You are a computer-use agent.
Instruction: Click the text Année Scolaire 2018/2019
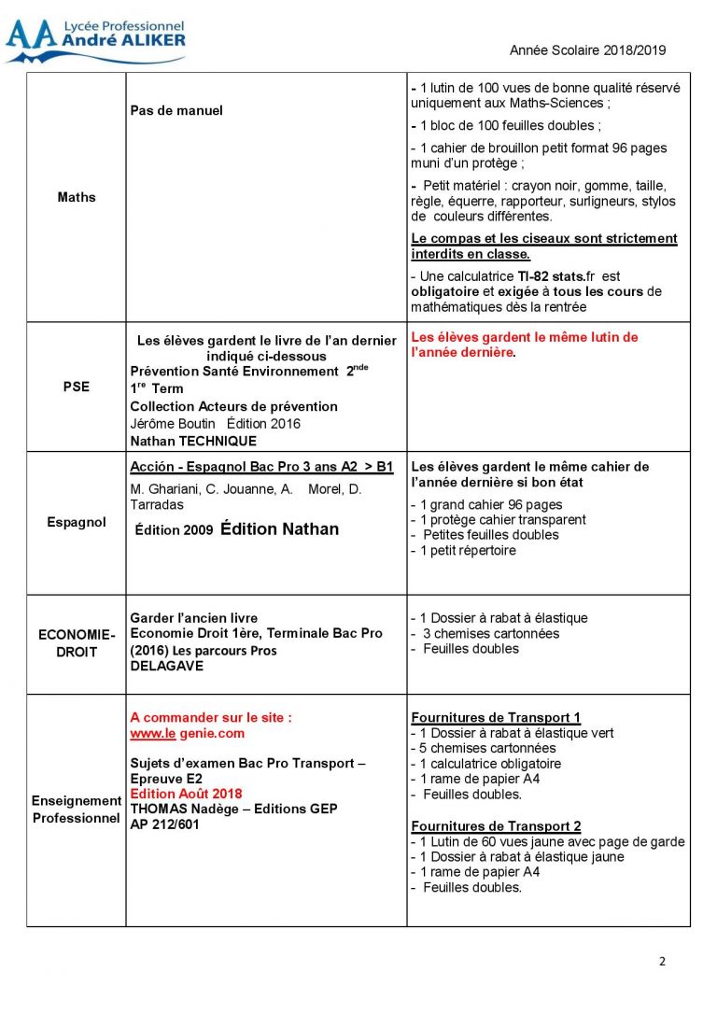click(587, 51)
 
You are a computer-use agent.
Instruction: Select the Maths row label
click(77, 197)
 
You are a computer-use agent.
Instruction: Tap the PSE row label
click(77, 387)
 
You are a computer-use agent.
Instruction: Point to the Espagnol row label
click(77, 523)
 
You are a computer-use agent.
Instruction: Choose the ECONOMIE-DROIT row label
click(77, 643)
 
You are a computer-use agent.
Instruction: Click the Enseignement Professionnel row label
click(77, 810)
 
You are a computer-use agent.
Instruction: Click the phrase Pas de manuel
click(176, 110)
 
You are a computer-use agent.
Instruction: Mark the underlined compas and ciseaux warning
click(543, 246)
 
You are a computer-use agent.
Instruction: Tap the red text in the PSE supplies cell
click(525, 345)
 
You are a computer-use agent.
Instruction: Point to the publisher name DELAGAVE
click(166, 667)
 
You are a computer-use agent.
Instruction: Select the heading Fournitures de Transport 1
click(496, 718)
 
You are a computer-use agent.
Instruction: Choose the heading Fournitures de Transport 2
click(496, 826)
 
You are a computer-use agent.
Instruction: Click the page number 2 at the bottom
click(661, 963)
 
